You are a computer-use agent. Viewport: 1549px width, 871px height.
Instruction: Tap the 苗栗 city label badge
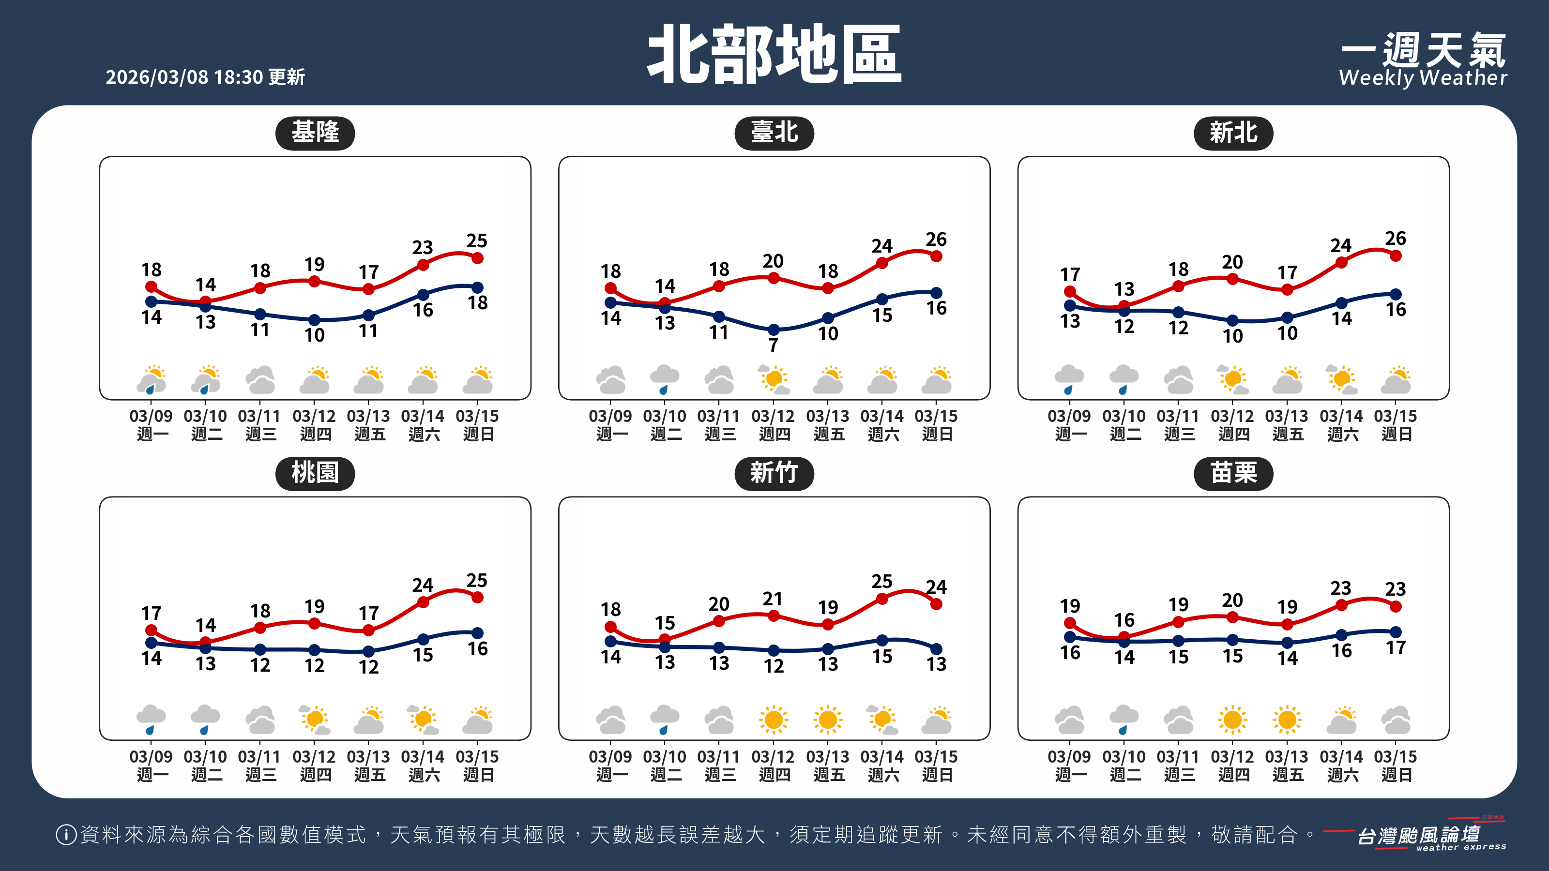coord(1233,473)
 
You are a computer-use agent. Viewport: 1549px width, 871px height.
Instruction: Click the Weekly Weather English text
coord(1423,77)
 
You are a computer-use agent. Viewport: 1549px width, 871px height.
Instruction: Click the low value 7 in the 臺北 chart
coord(774,345)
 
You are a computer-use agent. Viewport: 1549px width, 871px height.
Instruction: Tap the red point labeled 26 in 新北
coord(1396,255)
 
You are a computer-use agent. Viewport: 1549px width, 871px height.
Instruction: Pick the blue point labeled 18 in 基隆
coord(477,287)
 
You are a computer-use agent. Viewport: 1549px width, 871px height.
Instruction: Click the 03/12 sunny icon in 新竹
coord(774,719)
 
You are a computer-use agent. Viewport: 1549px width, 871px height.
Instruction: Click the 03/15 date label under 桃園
coord(477,756)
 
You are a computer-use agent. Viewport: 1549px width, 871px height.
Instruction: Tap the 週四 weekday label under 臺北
coord(774,434)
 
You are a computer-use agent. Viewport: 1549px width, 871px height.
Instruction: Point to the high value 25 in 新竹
coord(882,581)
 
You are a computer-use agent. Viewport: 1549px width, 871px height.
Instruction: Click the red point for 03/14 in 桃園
coord(424,601)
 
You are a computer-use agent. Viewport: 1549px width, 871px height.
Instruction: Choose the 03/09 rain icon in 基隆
coord(152,380)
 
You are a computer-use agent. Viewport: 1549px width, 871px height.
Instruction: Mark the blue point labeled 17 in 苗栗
coord(1396,632)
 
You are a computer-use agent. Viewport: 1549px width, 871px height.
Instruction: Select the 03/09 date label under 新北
coord(1069,416)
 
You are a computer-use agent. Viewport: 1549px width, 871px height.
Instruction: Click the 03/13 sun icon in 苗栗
coord(1288,719)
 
